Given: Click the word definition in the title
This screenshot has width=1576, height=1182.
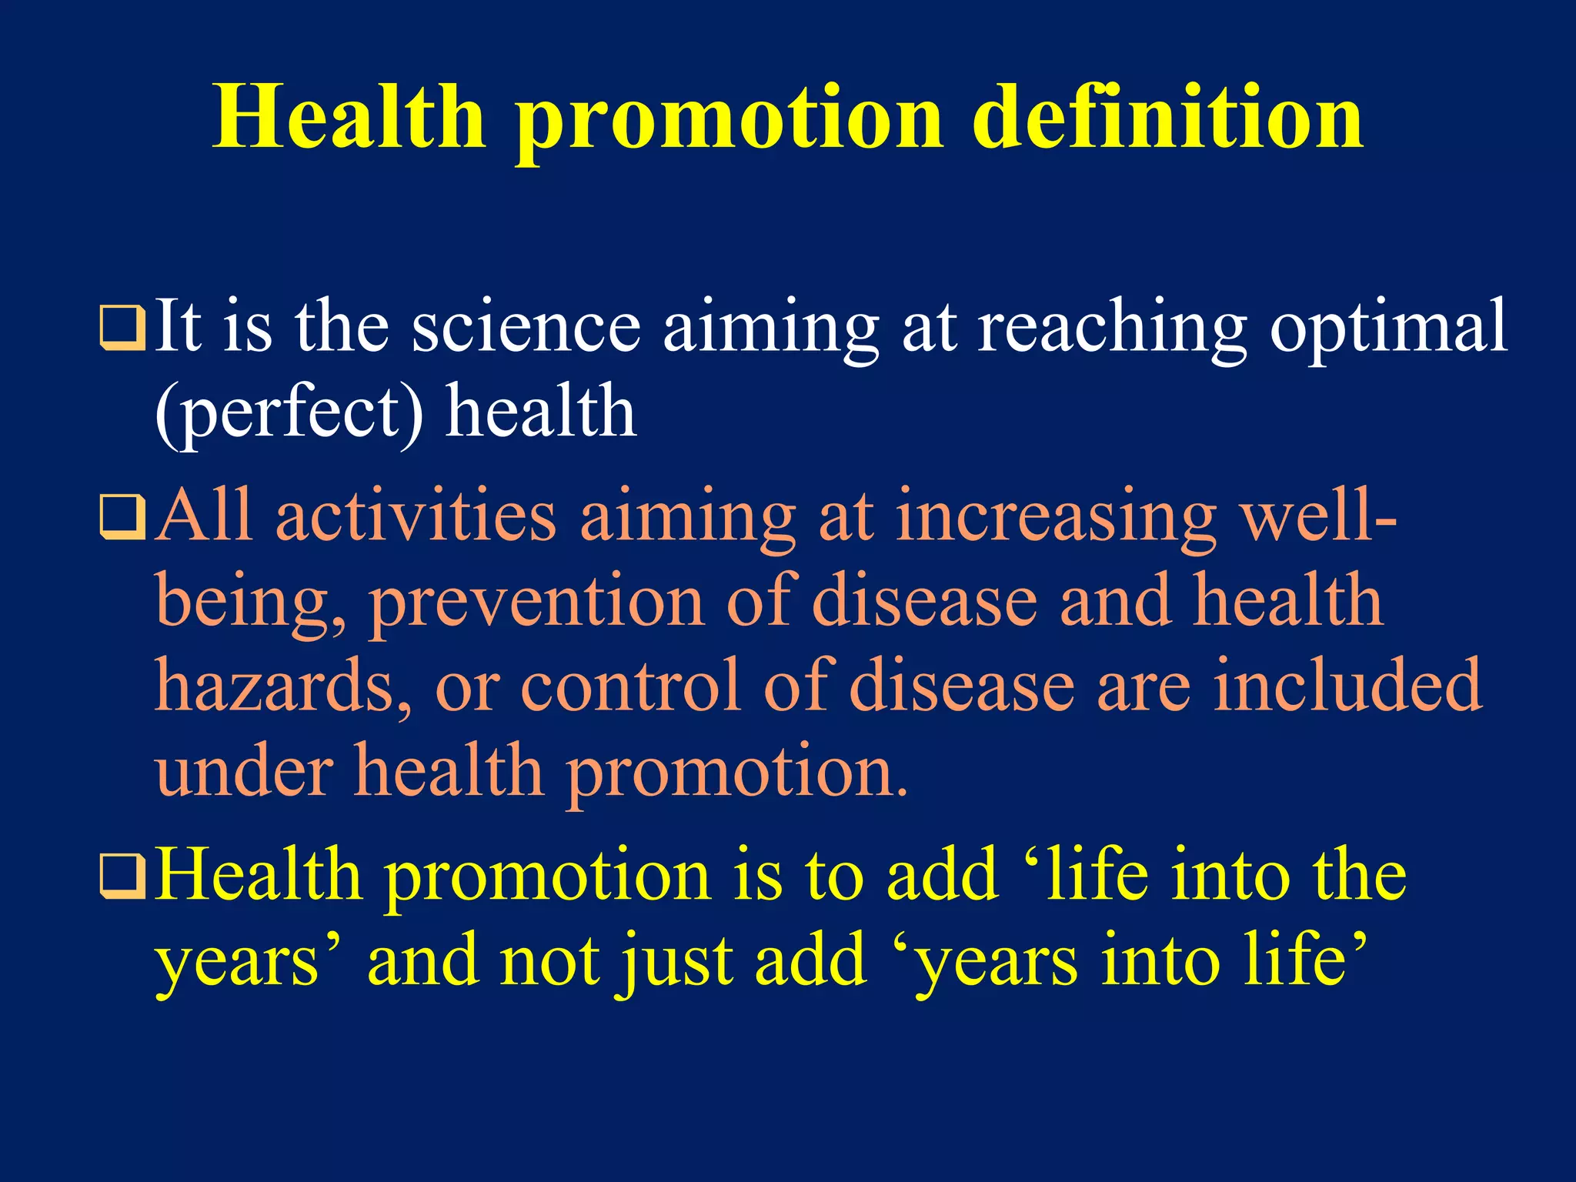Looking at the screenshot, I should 1168,117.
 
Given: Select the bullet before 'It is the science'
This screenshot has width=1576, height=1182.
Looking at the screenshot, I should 122,327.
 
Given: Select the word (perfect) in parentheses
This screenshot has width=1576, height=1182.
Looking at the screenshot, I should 289,414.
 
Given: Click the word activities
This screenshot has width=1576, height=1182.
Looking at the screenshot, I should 416,516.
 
